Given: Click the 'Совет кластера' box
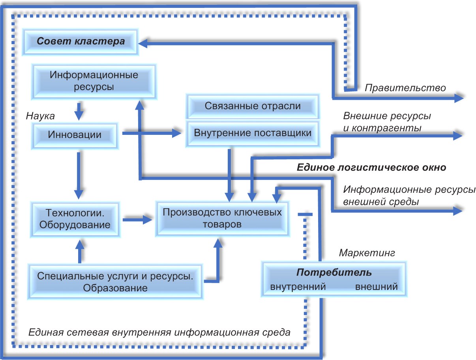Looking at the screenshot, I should [x=81, y=41].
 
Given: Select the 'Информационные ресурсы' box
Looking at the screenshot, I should [x=94, y=81].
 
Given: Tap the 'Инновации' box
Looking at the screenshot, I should [x=75, y=134].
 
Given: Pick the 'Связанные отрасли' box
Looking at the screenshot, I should [x=253, y=106].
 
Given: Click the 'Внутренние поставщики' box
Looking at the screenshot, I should [x=253, y=133].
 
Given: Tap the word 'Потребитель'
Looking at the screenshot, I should [x=334, y=273].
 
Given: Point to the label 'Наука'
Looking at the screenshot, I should [x=40, y=116].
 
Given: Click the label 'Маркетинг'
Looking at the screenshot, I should [x=367, y=252].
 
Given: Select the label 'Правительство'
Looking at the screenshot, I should [x=405, y=88].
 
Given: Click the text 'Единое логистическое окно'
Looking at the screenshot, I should [x=371, y=167].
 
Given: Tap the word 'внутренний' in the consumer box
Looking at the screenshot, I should [x=298, y=287].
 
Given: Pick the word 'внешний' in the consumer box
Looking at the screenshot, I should [x=376, y=287].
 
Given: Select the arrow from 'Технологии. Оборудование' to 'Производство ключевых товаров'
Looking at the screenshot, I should [x=138, y=220].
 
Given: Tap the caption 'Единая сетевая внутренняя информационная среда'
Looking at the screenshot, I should [x=159, y=332].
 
